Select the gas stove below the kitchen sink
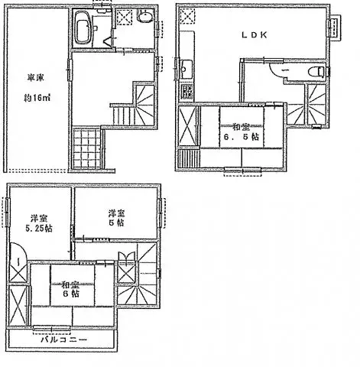pyautogui.click(x=185, y=93)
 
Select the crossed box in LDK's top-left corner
pyautogui.click(x=187, y=18)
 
